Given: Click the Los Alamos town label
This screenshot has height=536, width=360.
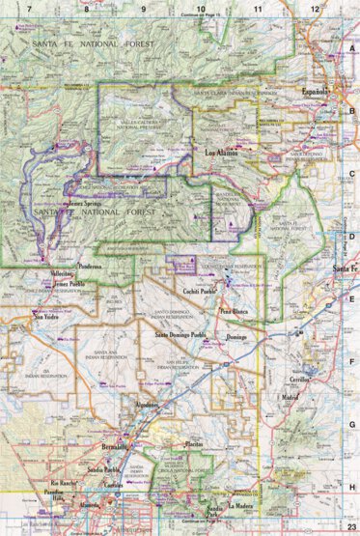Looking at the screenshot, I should [x=224, y=152].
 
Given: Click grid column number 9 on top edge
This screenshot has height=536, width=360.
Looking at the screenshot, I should [x=144, y=8].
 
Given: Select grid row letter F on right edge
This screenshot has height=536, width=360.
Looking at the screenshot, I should [x=352, y=364].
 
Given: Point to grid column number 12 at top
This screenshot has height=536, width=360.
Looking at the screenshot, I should [x=315, y=8].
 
